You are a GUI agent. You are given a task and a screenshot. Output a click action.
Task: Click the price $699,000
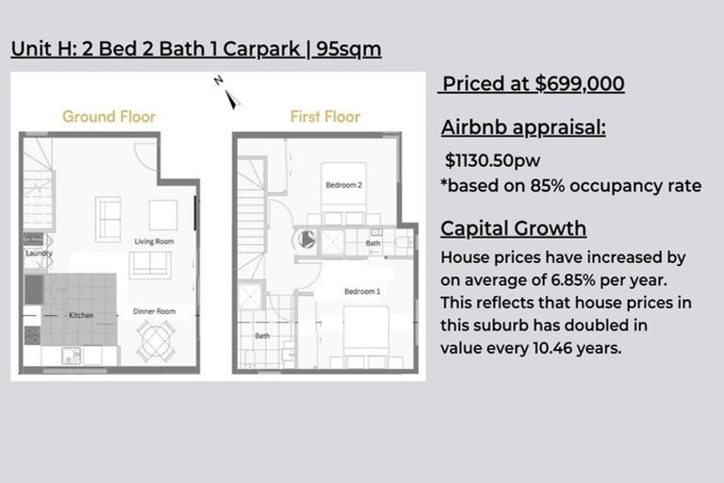(x=579, y=84)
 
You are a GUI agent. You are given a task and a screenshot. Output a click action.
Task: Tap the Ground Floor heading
(x=108, y=117)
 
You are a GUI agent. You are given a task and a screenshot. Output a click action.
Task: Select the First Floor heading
(x=324, y=117)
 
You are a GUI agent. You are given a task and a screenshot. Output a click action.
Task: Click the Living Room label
(x=154, y=241)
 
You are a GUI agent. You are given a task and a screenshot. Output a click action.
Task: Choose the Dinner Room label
(x=153, y=311)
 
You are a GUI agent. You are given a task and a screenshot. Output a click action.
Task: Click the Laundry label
(x=39, y=254)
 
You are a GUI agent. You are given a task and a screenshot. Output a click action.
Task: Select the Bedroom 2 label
(x=343, y=185)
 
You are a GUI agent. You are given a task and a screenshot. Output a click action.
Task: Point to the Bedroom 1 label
(x=362, y=291)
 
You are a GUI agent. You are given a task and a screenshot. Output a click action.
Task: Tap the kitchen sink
(x=72, y=355)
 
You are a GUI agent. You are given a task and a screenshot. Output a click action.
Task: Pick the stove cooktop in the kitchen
(x=31, y=334)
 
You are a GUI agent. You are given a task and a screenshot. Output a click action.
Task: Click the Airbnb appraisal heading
(x=523, y=129)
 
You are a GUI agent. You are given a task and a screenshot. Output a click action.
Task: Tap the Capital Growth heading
(x=513, y=229)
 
